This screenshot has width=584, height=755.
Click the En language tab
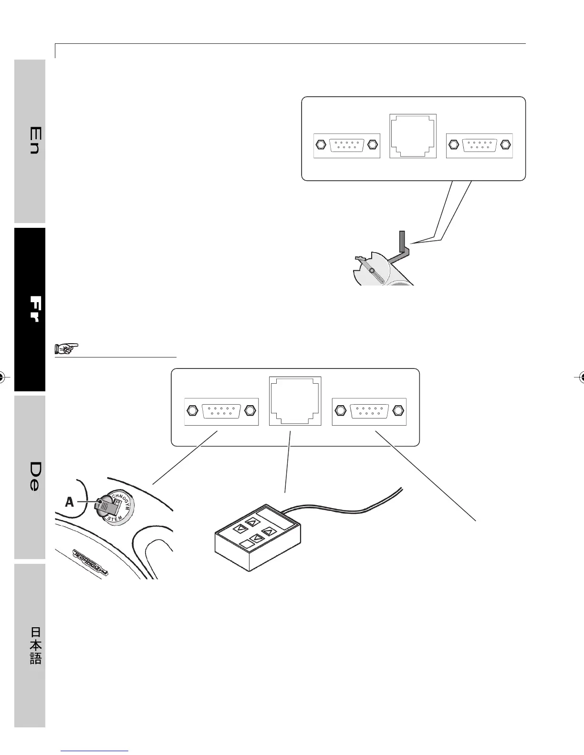[x=30, y=141]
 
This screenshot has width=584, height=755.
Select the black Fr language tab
[x=30, y=309]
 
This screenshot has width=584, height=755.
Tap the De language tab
[x=30, y=477]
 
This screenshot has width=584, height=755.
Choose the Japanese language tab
[x=30, y=645]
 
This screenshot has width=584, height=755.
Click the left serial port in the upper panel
[x=346, y=145]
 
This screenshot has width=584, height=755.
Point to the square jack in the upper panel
[x=413, y=136]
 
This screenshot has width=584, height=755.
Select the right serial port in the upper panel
[x=479, y=145]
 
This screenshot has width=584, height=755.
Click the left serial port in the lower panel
[x=221, y=411]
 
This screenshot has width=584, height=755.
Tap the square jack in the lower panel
[x=295, y=401]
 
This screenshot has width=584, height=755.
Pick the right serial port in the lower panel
[x=369, y=411]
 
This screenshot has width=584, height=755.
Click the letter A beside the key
[x=70, y=502]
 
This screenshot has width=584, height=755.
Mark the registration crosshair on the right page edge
[x=581, y=377]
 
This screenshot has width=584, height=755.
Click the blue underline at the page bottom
[x=95, y=751]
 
